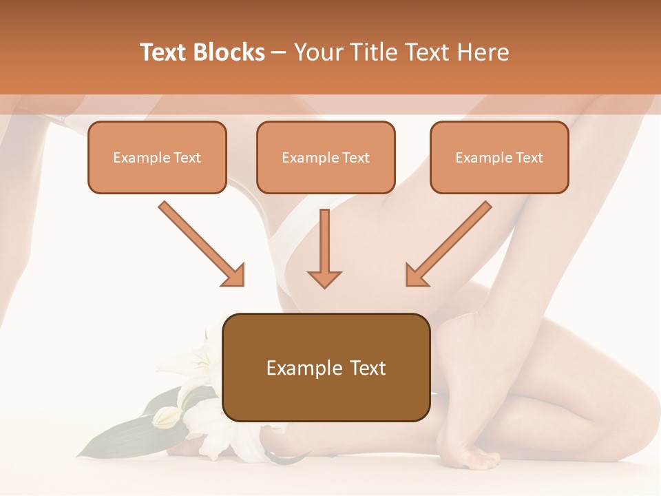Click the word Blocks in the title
point(231,52)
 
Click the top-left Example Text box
point(157,157)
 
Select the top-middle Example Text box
point(326,157)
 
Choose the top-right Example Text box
point(499,157)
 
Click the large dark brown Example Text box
point(326,367)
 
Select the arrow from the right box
point(451,241)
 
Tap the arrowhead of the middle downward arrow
point(324,278)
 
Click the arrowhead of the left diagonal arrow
point(234,276)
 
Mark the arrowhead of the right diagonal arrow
point(416,276)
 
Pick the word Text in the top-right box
point(529,158)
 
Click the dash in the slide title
point(279,53)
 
